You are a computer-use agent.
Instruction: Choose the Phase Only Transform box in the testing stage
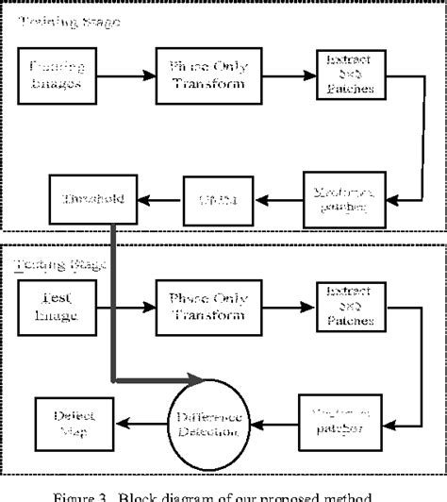(202, 305)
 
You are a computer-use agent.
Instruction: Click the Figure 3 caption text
(224, 493)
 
